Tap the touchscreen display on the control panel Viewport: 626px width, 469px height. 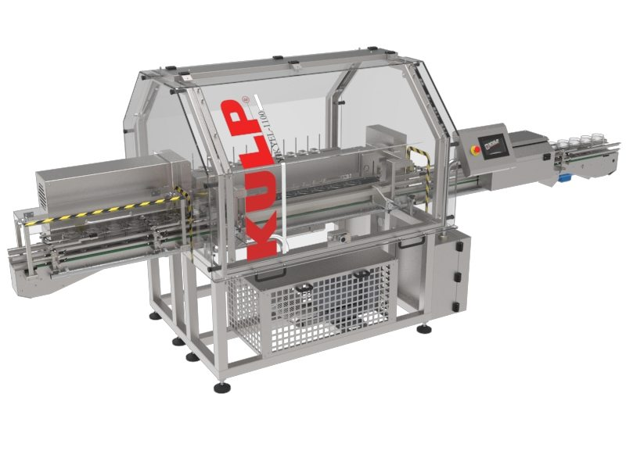(x=494, y=145)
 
